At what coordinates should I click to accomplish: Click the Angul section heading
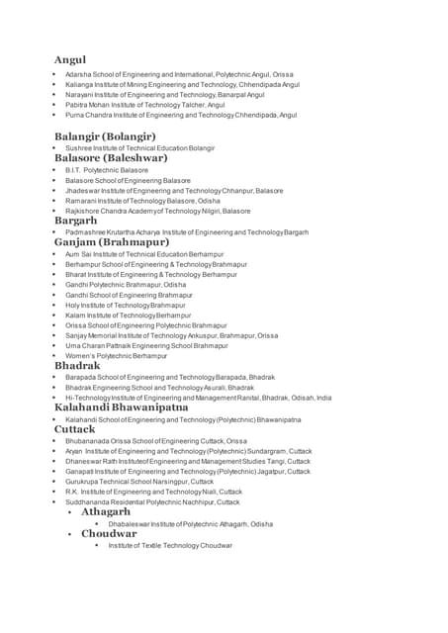(x=70, y=60)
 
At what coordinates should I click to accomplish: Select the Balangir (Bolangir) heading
(x=105, y=136)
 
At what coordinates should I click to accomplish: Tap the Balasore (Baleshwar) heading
(x=111, y=157)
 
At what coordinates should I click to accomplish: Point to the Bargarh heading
(x=82, y=221)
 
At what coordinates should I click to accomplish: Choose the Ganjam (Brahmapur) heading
(x=112, y=241)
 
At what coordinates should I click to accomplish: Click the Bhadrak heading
(x=77, y=365)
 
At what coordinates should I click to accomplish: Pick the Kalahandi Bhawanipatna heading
(x=121, y=407)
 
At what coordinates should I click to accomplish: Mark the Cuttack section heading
(x=75, y=429)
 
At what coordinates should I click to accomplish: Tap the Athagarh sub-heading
(x=106, y=511)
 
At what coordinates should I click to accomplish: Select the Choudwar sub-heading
(x=109, y=533)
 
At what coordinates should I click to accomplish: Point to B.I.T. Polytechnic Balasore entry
(x=107, y=170)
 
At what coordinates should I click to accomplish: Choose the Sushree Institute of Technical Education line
(x=133, y=147)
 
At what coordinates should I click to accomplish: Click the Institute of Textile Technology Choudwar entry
(x=170, y=545)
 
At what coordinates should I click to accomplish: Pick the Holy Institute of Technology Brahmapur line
(x=125, y=305)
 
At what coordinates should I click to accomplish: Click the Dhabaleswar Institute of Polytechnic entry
(x=190, y=523)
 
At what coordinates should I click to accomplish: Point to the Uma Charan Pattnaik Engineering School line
(x=146, y=345)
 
